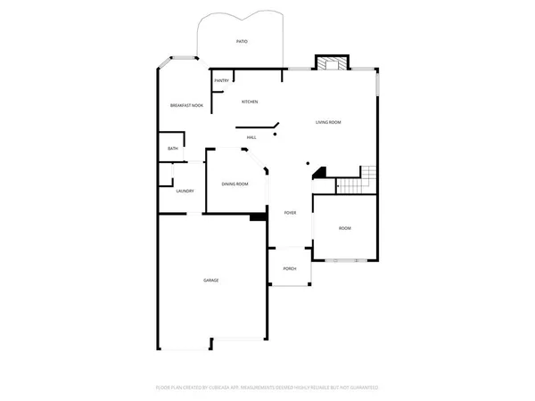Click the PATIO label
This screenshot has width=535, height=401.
pyautogui.click(x=242, y=42)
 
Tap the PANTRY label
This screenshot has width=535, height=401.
pyautogui.click(x=221, y=81)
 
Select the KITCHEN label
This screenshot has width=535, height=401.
pyautogui.click(x=249, y=102)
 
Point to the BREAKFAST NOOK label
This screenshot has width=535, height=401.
pyautogui.click(x=186, y=106)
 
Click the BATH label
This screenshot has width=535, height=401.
pyautogui.click(x=172, y=149)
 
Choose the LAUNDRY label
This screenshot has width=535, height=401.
pyautogui.click(x=185, y=191)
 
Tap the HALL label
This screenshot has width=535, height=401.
pyautogui.click(x=252, y=137)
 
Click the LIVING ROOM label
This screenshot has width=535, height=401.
pyautogui.click(x=328, y=122)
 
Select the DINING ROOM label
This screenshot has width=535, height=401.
pyautogui.click(x=235, y=184)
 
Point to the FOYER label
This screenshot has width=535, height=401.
pyautogui.click(x=290, y=214)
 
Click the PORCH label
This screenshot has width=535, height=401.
pyautogui.click(x=290, y=268)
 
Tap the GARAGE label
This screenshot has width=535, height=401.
pyautogui.click(x=210, y=280)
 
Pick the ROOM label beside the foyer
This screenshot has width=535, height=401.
pyautogui.click(x=344, y=229)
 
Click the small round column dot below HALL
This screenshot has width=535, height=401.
pyautogui.click(x=276, y=135)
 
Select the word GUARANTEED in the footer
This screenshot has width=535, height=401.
pyautogui.click(x=361, y=388)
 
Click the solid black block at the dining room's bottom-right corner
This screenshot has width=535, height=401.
pyautogui.click(x=259, y=216)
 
